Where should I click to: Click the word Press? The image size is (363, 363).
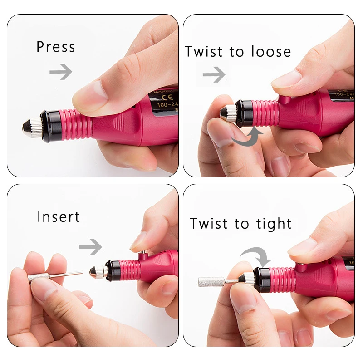55,47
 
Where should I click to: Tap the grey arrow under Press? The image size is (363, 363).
61,71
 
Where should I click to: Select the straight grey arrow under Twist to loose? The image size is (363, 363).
214,74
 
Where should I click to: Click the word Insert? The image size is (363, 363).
59,216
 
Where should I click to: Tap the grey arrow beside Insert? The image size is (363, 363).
90,247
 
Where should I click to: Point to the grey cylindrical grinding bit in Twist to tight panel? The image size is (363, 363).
211,281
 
